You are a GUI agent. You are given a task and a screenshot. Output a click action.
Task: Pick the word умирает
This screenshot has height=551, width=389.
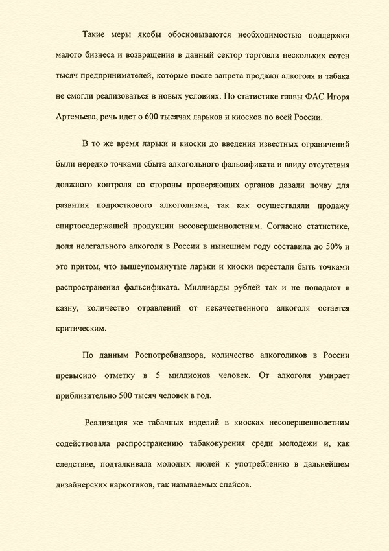point(331,374)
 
